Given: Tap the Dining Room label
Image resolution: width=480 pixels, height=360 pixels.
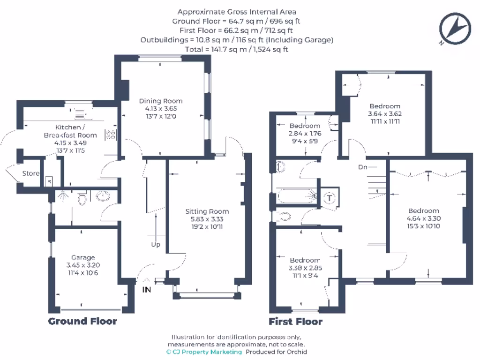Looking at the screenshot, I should [161, 101].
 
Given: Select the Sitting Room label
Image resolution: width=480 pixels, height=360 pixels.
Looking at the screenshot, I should [207, 211].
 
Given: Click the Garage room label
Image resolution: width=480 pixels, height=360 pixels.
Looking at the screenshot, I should [83, 257].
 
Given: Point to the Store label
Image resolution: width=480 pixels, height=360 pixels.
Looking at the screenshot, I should [31, 173].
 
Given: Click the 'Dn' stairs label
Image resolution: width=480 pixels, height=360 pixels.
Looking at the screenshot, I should [362, 167].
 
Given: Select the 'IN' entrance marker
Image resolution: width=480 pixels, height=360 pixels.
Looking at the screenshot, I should [147, 290].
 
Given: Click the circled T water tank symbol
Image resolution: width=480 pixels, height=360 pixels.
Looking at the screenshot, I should [330, 197].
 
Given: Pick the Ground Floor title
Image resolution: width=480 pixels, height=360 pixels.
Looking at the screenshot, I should [82, 321].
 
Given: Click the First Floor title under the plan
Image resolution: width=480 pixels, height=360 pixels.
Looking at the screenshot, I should [295, 322].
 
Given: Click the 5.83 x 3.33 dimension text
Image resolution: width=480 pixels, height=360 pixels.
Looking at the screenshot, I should [207, 219].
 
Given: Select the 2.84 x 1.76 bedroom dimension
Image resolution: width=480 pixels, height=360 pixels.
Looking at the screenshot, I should [305, 133].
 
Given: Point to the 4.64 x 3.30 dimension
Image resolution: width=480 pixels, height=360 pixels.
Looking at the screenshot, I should [423, 218].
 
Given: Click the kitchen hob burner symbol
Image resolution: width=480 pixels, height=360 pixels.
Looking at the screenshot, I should [112, 135].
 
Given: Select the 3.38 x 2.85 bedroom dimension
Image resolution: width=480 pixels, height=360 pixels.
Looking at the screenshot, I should [305, 268].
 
